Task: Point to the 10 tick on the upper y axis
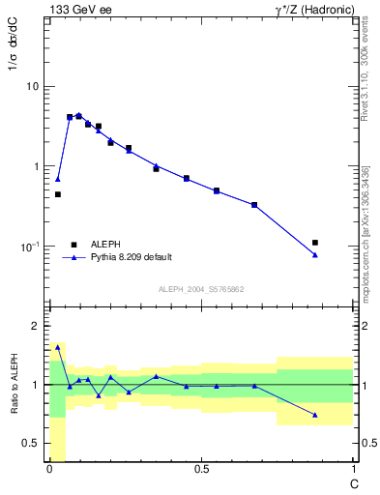point(32,87)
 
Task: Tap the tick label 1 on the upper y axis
point(36,167)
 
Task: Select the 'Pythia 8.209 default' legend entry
point(132,257)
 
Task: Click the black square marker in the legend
point(73,244)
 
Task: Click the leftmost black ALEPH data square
point(58,194)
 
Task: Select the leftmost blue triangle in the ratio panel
point(58,346)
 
